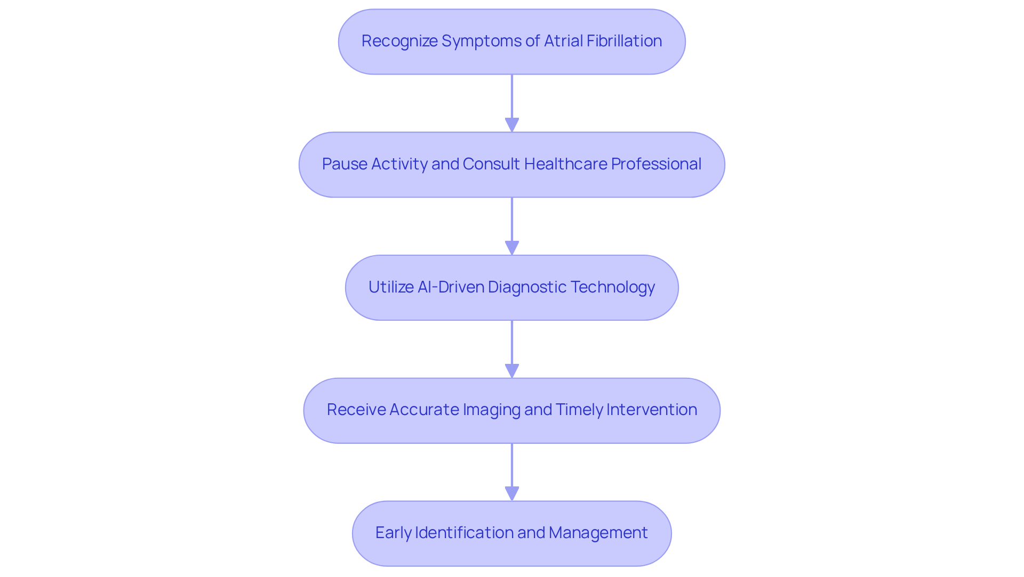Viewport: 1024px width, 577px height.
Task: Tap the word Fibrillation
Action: pyautogui.click(x=624, y=41)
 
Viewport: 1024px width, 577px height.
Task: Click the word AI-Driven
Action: pyautogui.click(x=450, y=287)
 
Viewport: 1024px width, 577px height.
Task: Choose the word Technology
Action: pyautogui.click(x=613, y=287)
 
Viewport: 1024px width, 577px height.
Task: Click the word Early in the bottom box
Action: pyautogui.click(x=393, y=533)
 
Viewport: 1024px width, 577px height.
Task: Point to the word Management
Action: pyautogui.click(x=598, y=533)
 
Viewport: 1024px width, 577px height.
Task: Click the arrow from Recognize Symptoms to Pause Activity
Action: pyautogui.click(x=512, y=101)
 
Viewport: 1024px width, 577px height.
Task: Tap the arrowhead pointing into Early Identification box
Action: pyautogui.click(x=512, y=494)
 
